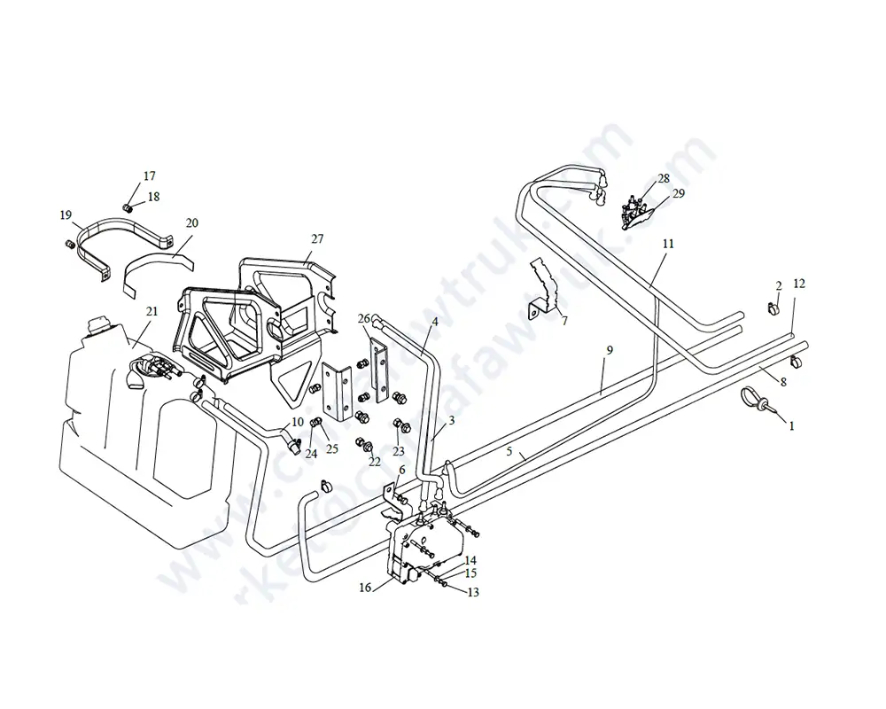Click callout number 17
(x=149, y=175)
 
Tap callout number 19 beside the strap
(x=66, y=214)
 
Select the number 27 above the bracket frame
(x=317, y=239)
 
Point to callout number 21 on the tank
(x=152, y=312)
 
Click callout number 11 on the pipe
(x=668, y=242)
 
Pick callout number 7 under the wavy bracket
(x=564, y=320)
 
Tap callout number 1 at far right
(x=791, y=425)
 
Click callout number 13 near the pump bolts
(x=472, y=592)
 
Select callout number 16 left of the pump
(x=365, y=587)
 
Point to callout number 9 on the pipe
(x=609, y=351)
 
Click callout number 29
(x=678, y=193)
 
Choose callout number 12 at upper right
(x=799, y=284)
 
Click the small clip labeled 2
(x=771, y=309)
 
